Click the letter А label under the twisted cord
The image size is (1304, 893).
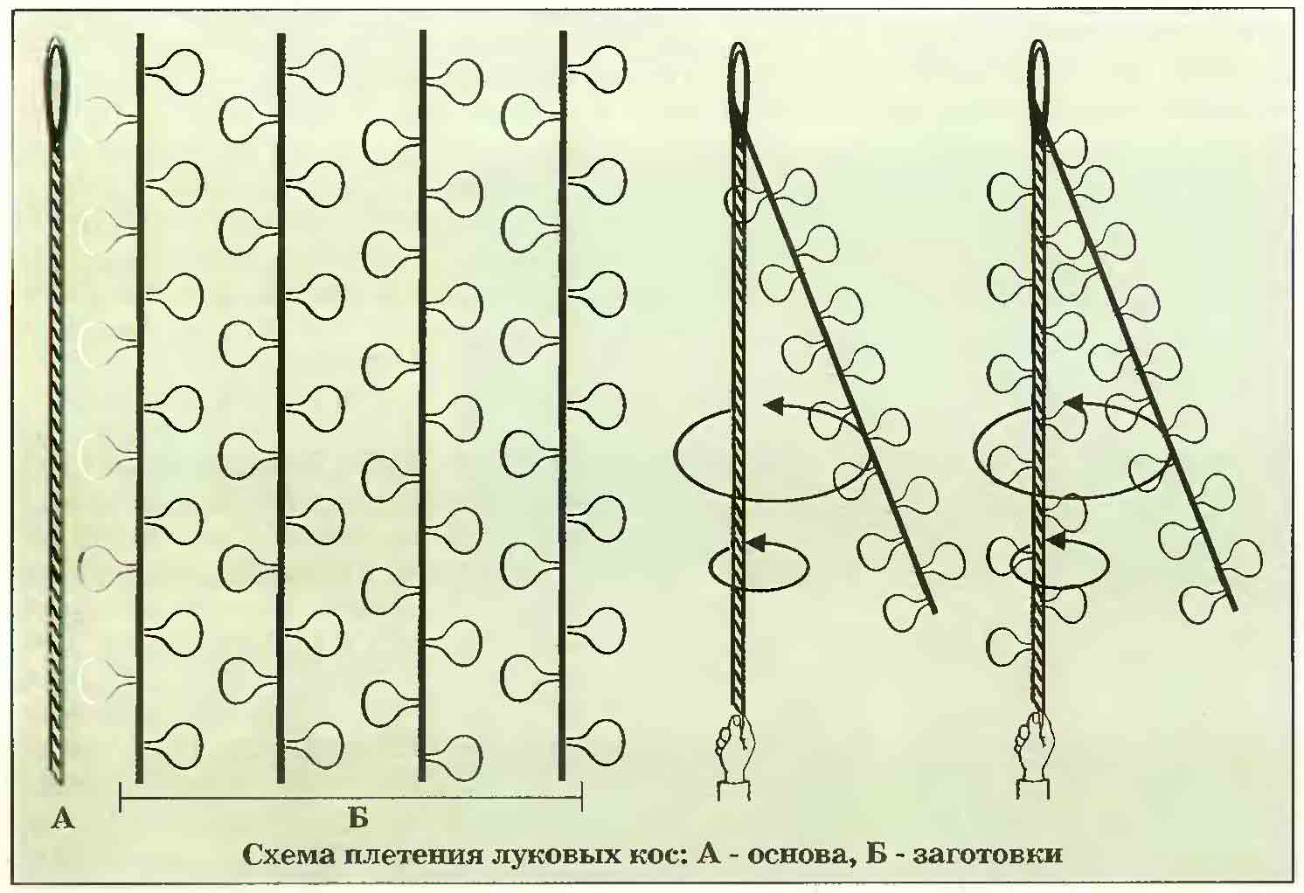63,819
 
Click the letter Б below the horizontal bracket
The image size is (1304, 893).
358,819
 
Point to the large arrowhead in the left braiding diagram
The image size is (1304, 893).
773,405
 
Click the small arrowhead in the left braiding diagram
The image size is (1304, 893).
755,543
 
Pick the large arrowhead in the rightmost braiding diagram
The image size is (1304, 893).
1075,402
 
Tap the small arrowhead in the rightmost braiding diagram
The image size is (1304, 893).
1056,540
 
